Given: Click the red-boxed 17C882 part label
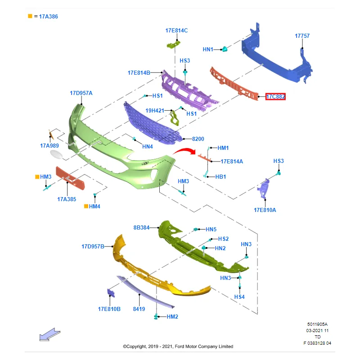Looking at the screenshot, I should pos(275,96).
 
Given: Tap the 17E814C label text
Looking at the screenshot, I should pos(176,31).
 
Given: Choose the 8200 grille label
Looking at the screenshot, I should pos(198,139).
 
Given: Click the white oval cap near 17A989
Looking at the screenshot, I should pos(57,155).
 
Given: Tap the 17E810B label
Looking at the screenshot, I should pos(109,309).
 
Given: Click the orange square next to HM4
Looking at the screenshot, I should pos(86,206).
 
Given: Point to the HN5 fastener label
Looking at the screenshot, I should pos(211,229).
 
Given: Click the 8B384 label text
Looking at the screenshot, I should pos(141,228).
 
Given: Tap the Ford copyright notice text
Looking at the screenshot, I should pos(178,346).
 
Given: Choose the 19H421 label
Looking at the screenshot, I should pos(155,110).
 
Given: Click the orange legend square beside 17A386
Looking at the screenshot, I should pos(30,16).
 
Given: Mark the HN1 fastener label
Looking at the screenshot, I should pos(208,49).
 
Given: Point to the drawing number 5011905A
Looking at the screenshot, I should pos(317,324).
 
